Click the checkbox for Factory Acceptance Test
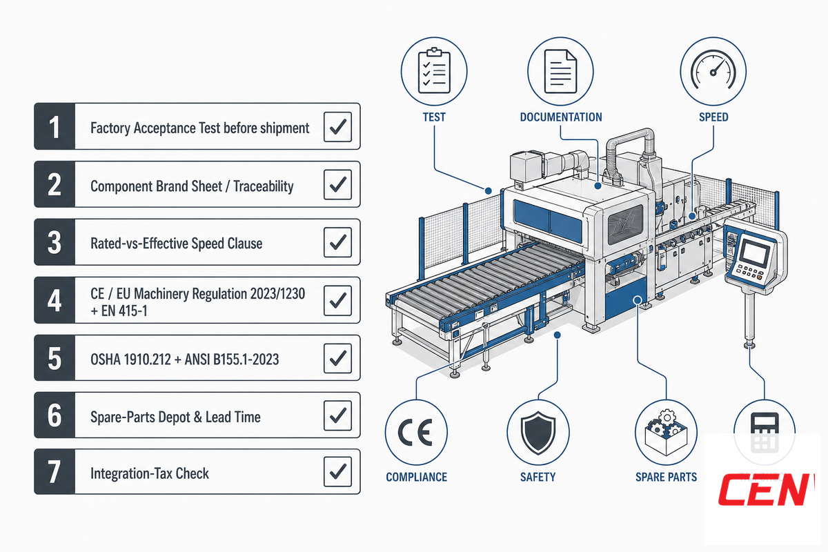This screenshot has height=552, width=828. [x=337, y=127]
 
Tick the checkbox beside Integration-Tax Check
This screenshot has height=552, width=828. [x=337, y=472]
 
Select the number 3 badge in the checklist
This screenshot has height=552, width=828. [x=55, y=242]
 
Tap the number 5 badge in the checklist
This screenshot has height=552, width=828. [x=55, y=358]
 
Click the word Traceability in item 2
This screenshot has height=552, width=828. [x=264, y=186]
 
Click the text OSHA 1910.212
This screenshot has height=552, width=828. [x=131, y=359]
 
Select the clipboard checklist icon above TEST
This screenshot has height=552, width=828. [x=434, y=71]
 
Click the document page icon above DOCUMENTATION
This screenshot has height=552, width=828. [x=560, y=71]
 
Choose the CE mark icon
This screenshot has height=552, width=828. [x=415, y=432]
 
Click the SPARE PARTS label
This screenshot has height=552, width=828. [x=666, y=477]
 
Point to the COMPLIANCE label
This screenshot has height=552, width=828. [x=417, y=477]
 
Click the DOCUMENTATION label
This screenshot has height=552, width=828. [x=561, y=117]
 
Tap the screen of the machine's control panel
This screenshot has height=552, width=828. [x=755, y=253]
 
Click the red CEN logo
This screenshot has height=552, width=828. [x=767, y=489]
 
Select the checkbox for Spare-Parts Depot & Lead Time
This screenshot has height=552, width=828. [x=337, y=415]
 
